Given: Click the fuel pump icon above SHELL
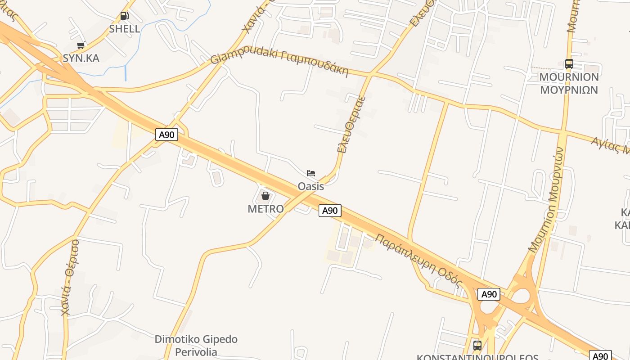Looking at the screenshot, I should click(x=124, y=16).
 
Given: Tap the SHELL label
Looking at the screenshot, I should click(x=125, y=29).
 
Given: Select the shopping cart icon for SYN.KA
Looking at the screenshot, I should click(x=81, y=45).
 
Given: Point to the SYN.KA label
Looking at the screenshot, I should click(x=81, y=58).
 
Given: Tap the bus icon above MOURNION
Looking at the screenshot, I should click(x=569, y=64).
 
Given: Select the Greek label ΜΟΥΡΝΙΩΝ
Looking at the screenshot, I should click(x=569, y=90).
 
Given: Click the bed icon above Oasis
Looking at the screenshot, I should click(x=311, y=173).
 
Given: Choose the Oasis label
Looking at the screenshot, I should click(x=311, y=186).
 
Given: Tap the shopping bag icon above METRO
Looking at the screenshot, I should click(x=265, y=196).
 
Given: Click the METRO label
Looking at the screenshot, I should click(x=265, y=209).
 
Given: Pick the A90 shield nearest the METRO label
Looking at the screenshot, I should click(x=330, y=210).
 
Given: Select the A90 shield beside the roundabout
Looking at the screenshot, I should click(x=489, y=294).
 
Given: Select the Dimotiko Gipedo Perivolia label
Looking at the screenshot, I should click(x=196, y=345).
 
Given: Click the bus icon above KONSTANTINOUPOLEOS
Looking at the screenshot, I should click(x=477, y=346).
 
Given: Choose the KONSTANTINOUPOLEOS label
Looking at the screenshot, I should click(x=477, y=357).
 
